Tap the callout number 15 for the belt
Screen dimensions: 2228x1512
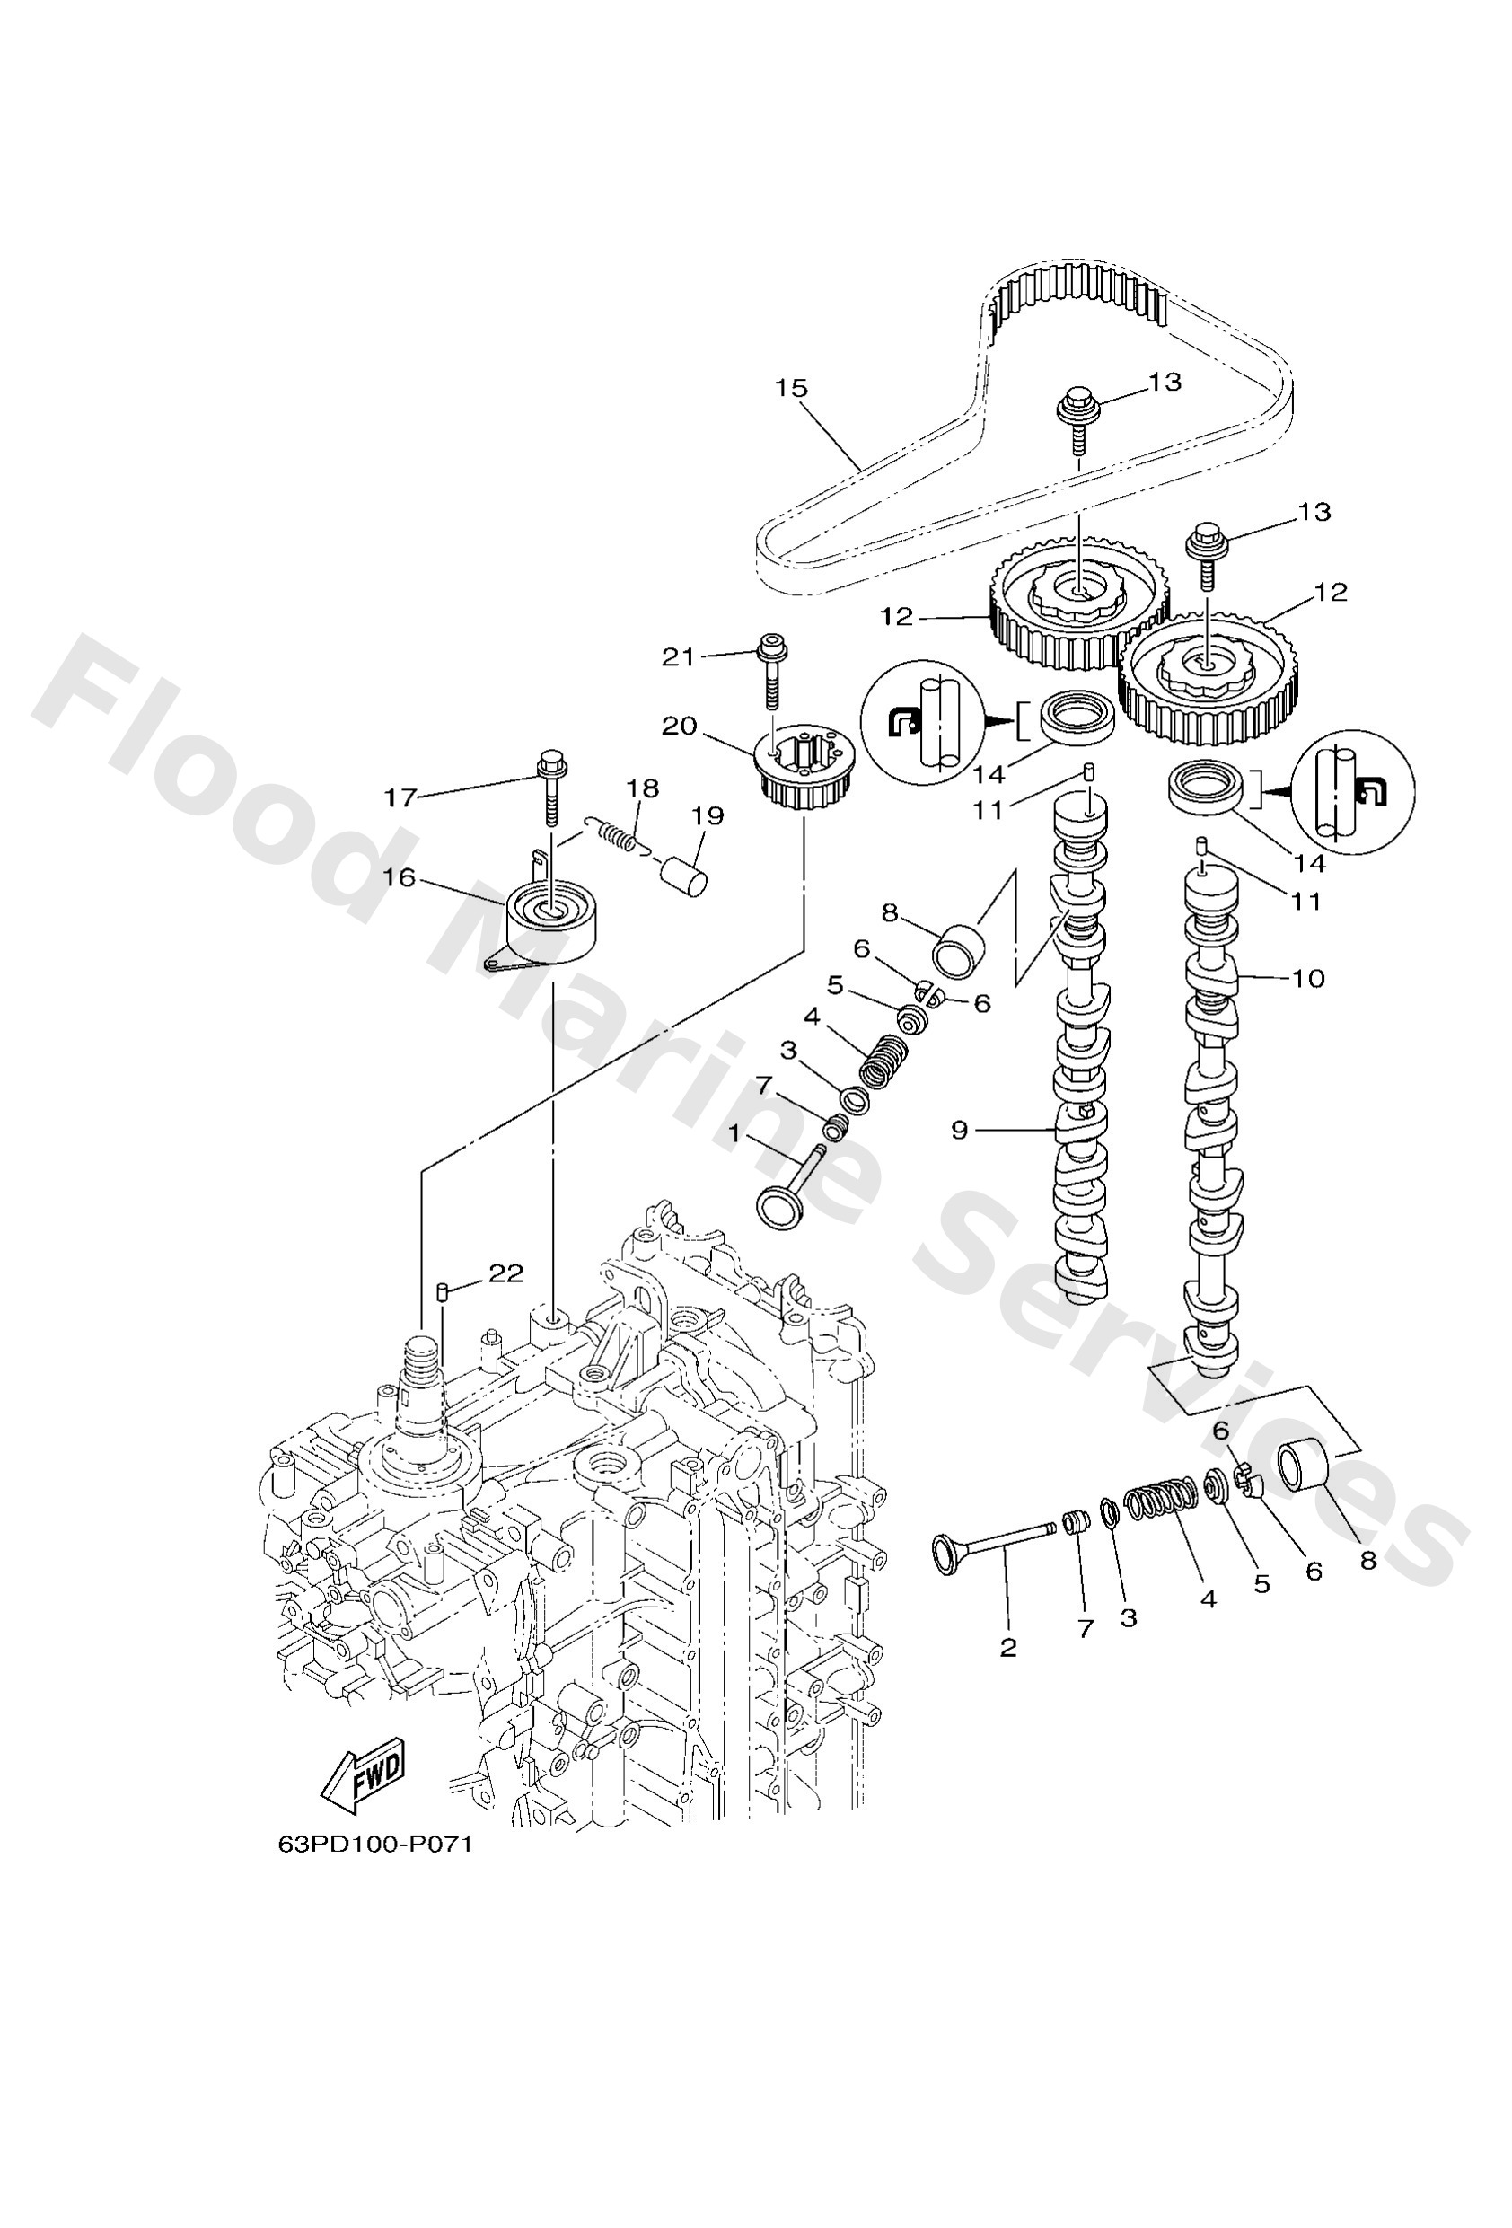coord(791,388)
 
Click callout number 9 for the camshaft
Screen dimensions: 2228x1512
coord(960,1131)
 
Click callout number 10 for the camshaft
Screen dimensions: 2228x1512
coord(1308,978)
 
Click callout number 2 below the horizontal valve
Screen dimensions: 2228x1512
coord(1007,1647)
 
